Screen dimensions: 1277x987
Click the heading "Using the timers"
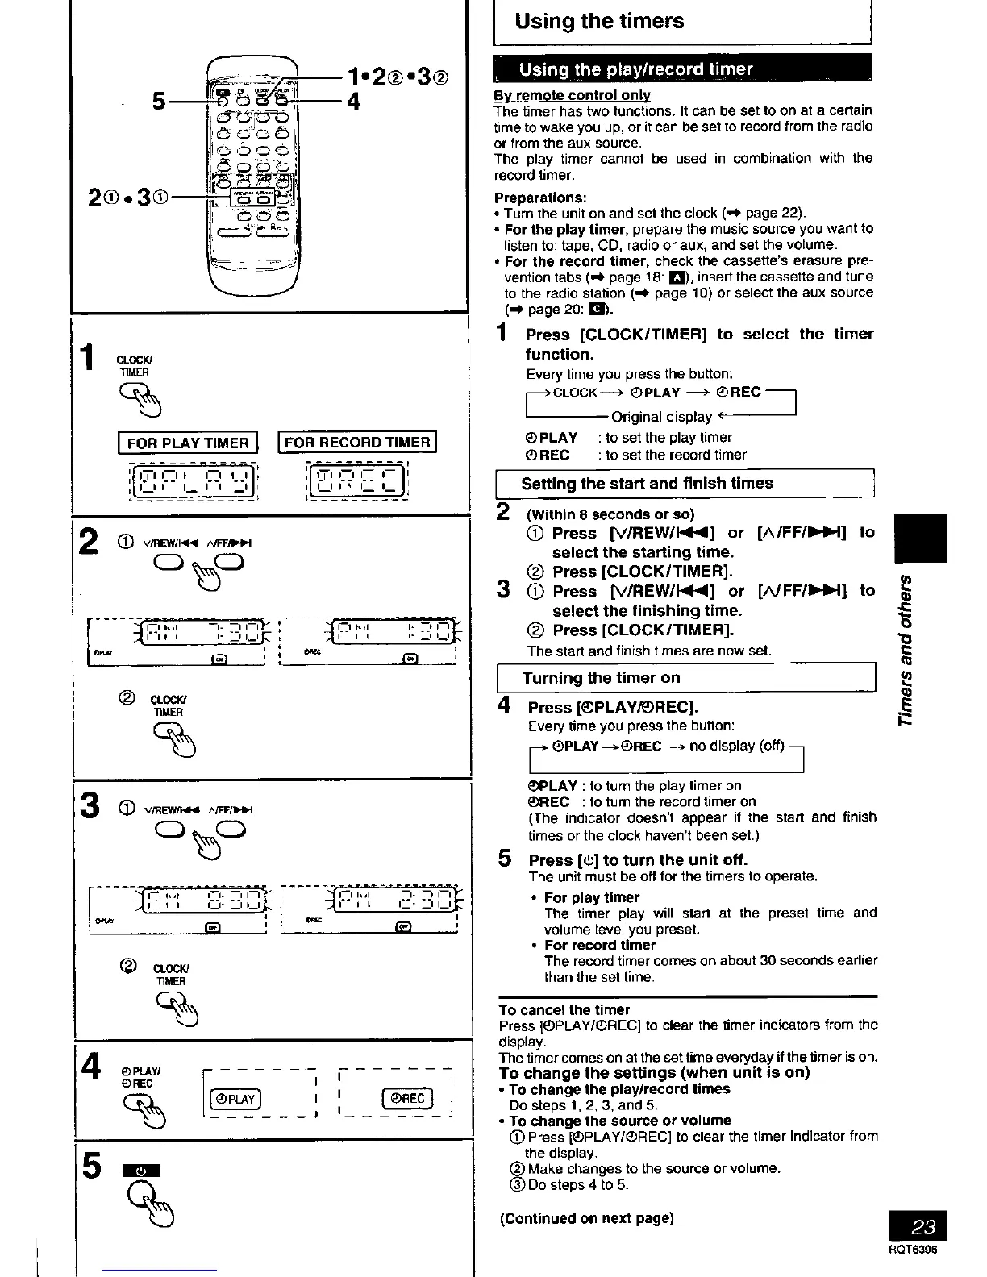[599, 21]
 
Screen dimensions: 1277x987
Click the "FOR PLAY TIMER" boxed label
[188, 443]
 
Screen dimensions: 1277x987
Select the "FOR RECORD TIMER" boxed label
[357, 442]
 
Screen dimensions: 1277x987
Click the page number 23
[924, 1227]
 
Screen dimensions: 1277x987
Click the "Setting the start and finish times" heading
[647, 483]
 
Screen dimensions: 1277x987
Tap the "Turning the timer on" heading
[601, 677]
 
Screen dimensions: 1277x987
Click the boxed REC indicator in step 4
[407, 1098]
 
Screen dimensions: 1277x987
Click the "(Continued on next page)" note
[586, 1218]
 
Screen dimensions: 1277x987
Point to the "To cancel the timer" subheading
[564, 1009]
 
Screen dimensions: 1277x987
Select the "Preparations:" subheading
[540, 198]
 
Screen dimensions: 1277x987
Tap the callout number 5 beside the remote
[160, 102]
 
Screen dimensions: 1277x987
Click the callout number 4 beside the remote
[353, 102]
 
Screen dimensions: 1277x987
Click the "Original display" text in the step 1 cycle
[661, 417]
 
